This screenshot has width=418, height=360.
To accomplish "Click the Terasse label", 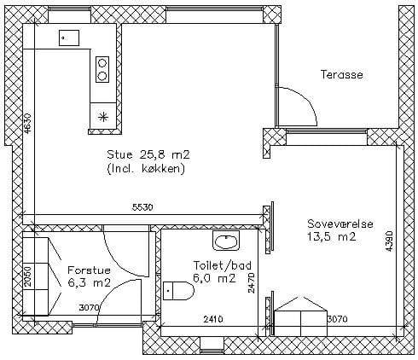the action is (342, 74).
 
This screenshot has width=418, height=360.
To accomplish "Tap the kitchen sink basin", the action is (69, 38).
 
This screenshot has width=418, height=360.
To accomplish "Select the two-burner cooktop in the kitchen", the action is (102, 69).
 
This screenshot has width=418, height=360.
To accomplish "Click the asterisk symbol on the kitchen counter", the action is (103, 117).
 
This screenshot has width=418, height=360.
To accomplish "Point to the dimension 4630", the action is (27, 124).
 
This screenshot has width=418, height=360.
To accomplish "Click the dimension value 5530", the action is (142, 207).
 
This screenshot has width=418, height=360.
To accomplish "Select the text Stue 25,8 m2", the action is (148, 154).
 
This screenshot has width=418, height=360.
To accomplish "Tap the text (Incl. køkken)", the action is (146, 169).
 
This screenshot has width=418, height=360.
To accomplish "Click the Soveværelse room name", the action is (340, 224).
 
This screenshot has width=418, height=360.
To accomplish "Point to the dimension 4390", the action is (389, 241).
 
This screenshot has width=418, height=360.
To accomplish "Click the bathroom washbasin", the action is (226, 241).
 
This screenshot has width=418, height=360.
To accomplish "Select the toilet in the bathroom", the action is (178, 291).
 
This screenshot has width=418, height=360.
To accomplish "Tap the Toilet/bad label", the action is (223, 265).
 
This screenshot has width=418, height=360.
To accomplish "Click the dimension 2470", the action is (251, 283).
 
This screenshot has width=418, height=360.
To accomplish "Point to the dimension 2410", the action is (213, 319).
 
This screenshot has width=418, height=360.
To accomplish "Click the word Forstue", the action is (89, 270).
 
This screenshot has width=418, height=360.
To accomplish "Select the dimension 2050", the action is (27, 276).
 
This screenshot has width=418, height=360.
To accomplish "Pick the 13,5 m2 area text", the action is (332, 236).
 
